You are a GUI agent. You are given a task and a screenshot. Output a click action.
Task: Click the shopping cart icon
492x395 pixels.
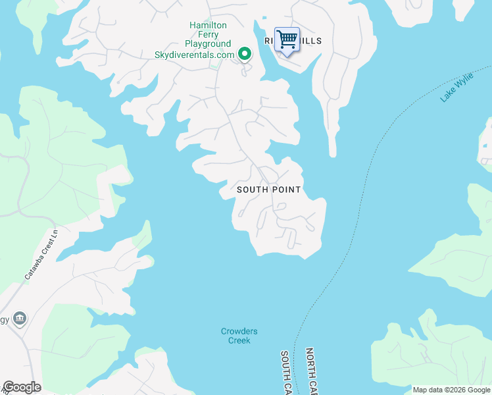pos(287,39)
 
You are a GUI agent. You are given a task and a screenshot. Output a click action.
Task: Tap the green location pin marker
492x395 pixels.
pos(245,54)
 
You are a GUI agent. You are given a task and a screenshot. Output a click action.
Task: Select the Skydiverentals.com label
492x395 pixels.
pos(194,55)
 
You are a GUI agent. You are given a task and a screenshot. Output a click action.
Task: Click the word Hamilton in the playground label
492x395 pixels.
pos(208,25)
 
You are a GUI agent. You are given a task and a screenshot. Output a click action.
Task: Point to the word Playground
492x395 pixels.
pos(208,44)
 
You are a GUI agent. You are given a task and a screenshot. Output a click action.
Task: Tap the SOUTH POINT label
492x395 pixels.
pos(268,190)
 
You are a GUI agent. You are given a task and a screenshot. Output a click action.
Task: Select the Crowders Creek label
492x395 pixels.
pos(239,336)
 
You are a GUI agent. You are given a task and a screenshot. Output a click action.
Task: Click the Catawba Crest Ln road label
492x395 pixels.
pos(37,255)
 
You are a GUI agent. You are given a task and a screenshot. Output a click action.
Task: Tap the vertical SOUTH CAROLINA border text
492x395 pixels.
pos(286,372)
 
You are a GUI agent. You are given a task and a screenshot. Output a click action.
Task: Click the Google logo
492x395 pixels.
pos(22,387)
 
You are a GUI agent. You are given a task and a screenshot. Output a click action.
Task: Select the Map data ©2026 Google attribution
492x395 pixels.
pos(451,390)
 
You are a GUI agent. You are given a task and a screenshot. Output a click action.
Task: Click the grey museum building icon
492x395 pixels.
pos(20,319)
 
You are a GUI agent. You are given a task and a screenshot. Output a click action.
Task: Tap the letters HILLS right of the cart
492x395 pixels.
pos(311,41)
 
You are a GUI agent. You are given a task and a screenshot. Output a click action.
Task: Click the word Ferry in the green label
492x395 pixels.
pos(208,34)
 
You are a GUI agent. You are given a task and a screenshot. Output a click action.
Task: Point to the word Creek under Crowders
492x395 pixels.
pos(239,340)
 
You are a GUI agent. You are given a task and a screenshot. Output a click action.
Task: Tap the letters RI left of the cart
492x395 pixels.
pos(268,41)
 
